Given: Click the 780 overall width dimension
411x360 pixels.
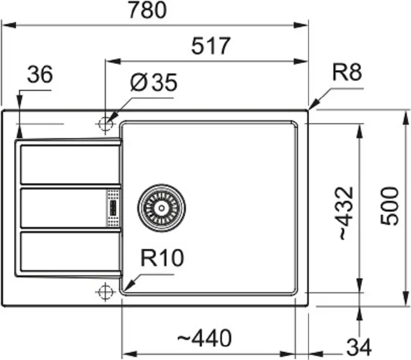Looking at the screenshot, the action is [148, 10].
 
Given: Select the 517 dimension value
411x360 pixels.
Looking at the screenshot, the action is [211, 46].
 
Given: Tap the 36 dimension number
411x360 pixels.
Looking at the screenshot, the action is [40, 74].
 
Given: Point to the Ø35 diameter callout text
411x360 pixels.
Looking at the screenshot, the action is [154, 82].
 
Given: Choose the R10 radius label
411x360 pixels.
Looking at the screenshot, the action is [162, 258].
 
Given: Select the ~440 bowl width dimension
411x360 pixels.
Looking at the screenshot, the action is [204, 338].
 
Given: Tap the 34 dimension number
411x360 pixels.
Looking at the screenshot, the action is [359, 347].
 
